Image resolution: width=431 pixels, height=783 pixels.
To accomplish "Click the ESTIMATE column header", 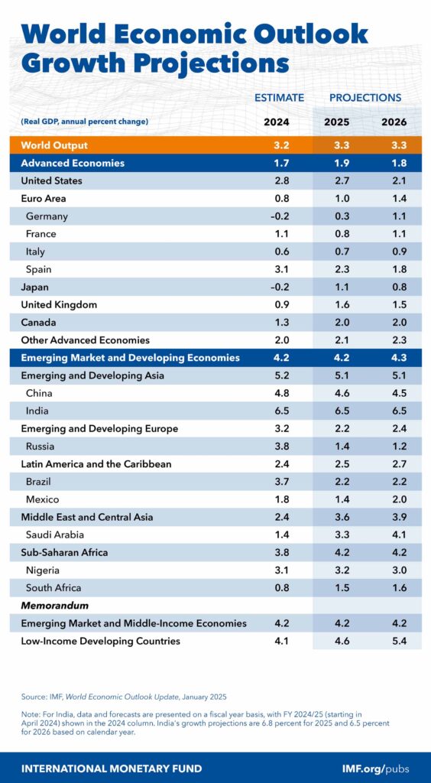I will coord(278,97).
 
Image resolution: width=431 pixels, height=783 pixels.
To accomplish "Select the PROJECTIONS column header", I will coord(365,97).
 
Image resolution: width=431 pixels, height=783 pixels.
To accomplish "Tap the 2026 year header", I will coord(394,122).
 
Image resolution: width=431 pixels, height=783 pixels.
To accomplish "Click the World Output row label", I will coord(54,145).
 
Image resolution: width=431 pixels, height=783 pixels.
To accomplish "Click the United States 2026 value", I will coord(394,181).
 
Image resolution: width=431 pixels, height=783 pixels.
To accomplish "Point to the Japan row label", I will coord(35,288).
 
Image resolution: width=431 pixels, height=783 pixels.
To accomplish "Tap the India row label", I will coord(37,411).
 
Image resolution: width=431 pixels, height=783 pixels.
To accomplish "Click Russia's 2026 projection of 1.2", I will coord(394,446).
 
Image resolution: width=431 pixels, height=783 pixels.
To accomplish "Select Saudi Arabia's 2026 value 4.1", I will coord(394,534).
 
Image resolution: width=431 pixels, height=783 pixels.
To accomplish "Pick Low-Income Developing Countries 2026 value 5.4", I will coord(394,641).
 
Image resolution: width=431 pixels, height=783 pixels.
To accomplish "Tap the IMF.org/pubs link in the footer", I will coord(377,768).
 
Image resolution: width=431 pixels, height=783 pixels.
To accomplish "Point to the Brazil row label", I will coord(41,482).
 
